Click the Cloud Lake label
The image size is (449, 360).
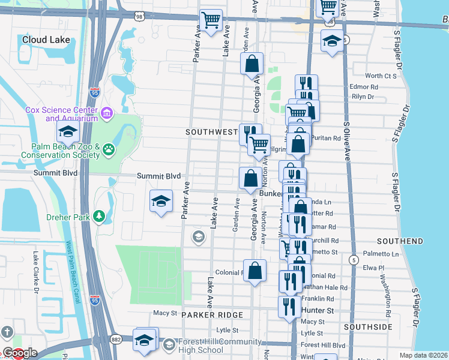pos(46,40)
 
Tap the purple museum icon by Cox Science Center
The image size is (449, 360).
pos(107,113)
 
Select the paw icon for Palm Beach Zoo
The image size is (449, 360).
pos(109,149)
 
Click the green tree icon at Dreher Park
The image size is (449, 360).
pos(100,215)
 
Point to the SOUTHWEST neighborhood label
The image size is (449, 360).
pos(212,131)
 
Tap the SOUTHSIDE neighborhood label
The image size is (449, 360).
pos(369,327)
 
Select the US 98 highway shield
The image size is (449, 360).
pos(140,17)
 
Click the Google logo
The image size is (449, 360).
pos(19,353)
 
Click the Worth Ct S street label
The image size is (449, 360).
pos(381,76)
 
